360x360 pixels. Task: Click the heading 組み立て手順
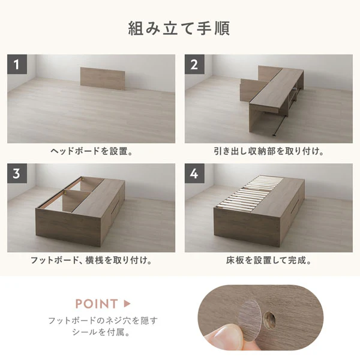coord(179,28)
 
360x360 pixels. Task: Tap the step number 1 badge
coord(17,64)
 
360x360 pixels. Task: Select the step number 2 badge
coord(194,64)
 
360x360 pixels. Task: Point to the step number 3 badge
coord(17,173)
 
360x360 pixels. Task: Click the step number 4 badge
coord(194,173)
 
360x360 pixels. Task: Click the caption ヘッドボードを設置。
coord(92,151)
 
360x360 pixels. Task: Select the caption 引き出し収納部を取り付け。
coord(269,151)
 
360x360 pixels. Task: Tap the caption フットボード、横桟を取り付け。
coord(91,260)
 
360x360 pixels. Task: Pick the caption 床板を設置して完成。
coord(269,260)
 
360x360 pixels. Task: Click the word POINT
coord(97,304)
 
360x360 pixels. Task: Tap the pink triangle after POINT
coord(127,304)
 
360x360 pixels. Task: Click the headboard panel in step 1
coord(103,79)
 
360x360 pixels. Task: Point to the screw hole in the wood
coord(269,319)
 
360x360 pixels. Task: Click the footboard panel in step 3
coord(68,226)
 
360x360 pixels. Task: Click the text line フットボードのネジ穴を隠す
coord(103,320)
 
